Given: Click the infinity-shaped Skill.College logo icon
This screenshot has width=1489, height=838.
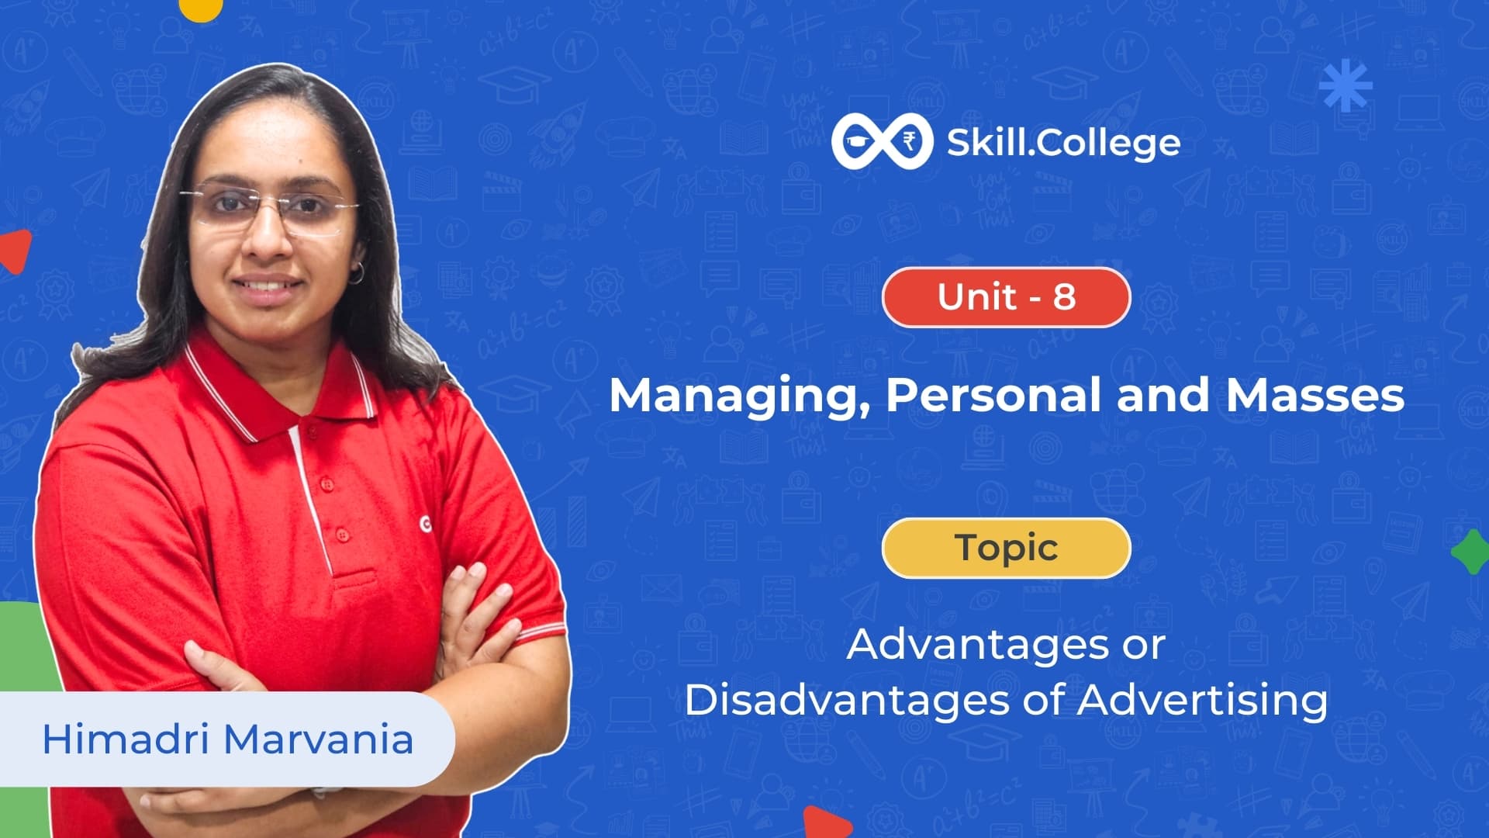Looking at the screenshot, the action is (882, 141).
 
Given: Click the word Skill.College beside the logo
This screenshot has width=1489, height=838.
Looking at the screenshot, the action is (1063, 143).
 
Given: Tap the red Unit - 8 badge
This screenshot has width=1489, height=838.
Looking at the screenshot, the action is (1006, 297).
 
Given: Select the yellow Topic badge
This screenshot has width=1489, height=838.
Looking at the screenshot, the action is (1006, 548).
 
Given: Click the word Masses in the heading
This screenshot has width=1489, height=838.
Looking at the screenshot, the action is (1315, 395).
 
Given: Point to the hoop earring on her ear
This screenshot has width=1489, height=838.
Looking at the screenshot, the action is (356, 273).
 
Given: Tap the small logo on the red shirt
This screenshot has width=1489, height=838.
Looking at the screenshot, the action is (425, 525).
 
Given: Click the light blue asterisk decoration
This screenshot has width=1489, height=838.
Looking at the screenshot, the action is (1346, 85).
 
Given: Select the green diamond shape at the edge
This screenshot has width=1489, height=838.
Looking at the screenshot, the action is (1470, 552).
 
